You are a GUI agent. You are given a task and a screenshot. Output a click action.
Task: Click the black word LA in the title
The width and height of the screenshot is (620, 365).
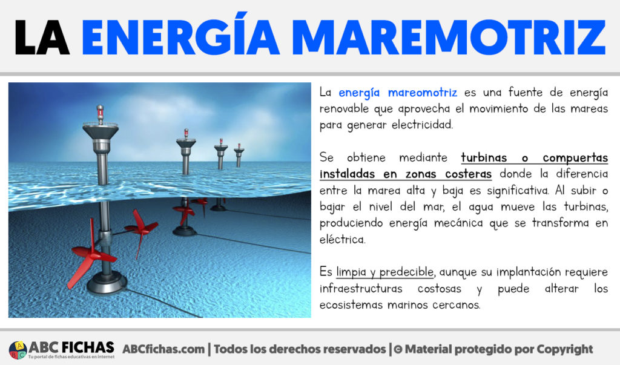click(x=42, y=37)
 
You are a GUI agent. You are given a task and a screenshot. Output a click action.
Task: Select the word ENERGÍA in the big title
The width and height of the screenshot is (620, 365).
click(x=180, y=33)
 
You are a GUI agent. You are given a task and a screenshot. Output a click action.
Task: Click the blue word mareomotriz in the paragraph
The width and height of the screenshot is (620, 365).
click(x=422, y=93)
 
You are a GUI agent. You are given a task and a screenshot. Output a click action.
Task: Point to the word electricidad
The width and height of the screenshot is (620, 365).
click(x=422, y=125)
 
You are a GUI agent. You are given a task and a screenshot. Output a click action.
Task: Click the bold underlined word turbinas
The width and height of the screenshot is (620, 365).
click(x=484, y=158)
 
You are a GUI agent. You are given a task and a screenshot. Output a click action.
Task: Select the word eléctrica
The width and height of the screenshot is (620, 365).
click(x=343, y=240)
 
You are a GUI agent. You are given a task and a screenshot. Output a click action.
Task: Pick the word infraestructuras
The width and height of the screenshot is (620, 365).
click(x=361, y=289)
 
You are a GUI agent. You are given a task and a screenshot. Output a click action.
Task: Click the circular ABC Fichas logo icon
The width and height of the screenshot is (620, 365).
click(x=18, y=350)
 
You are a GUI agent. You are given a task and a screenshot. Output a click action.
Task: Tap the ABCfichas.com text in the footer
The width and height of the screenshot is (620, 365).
click(x=163, y=349)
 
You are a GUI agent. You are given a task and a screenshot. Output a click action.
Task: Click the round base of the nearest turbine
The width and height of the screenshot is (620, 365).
click(x=107, y=283)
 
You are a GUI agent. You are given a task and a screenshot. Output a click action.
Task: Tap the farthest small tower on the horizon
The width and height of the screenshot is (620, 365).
click(x=239, y=156)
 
